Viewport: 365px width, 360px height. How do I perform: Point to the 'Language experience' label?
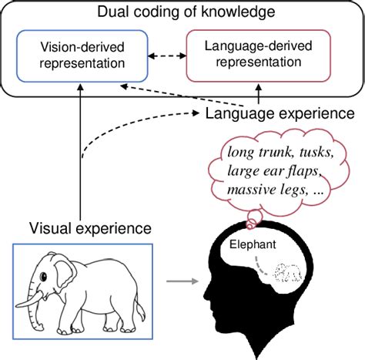(x=280, y=114)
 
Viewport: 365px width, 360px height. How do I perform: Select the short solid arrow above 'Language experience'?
(x=258, y=96)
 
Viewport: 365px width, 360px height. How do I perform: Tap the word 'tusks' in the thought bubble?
(x=311, y=152)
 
